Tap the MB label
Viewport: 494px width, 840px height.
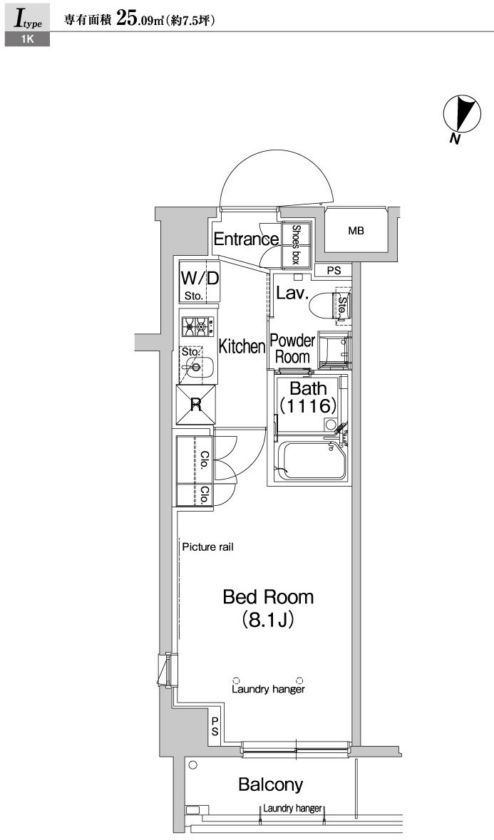(x=356, y=231)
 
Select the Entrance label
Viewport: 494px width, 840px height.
(x=246, y=239)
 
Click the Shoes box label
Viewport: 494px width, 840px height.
(x=295, y=244)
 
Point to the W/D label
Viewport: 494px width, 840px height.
(x=200, y=279)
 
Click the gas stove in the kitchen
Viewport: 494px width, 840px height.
(x=198, y=325)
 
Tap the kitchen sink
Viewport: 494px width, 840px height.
(x=197, y=367)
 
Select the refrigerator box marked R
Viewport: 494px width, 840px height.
(x=196, y=404)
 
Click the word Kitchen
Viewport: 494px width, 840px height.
(x=242, y=346)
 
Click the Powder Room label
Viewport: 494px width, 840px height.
(x=292, y=348)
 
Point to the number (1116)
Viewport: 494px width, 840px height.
(x=307, y=405)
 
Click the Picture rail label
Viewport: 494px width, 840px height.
(x=208, y=547)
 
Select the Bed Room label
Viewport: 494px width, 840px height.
(x=269, y=597)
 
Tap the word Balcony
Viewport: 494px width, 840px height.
(x=271, y=785)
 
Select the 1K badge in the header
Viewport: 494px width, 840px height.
(x=27, y=39)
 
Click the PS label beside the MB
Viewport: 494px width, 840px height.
(x=334, y=271)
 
